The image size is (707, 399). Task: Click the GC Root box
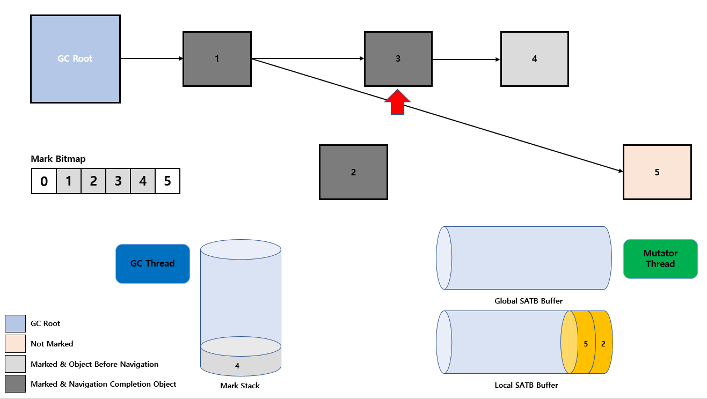coord(76,59)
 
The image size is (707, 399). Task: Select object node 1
coord(217,59)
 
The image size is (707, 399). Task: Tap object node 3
coord(398,59)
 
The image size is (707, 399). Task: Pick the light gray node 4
coord(535,59)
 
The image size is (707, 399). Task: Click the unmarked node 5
coord(658,172)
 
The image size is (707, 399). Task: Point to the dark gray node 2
coord(353,172)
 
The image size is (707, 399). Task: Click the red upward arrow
coord(397,102)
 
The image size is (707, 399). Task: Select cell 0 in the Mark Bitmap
coord(44,181)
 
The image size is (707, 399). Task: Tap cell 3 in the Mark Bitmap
coord(118,181)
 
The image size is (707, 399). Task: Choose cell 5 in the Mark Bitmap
coord(167,181)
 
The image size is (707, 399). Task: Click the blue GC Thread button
coord(153,264)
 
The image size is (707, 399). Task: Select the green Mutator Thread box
coord(661,259)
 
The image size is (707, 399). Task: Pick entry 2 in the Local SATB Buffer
coord(603,343)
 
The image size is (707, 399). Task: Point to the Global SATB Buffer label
coord(529,301)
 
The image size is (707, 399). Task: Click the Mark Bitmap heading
coord(58,159)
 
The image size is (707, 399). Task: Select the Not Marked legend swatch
coord(15,344)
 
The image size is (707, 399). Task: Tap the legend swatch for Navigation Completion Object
coord(15,384)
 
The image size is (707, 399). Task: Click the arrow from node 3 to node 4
coord(467,60)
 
